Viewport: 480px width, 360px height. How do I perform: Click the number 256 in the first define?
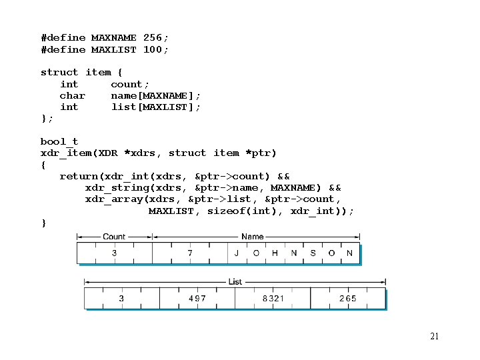click(x=153, y=38)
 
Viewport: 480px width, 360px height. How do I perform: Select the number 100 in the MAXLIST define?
click(x=153, y=50)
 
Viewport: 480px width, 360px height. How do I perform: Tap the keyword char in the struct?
click(x=73, y=96)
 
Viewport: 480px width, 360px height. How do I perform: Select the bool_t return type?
click(x=59, y=141)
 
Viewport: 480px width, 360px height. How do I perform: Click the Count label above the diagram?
click(x=114, y=237)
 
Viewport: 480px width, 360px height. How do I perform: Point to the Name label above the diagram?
click(x=252, y=237)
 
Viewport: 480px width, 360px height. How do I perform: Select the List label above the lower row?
click(x=235, y=282)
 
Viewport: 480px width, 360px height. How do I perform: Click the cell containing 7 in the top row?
click(x=190, y=253)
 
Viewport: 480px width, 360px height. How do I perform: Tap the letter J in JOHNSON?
click(x=237, y=253)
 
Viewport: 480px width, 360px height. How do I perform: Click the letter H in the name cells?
click(x=275, y=253)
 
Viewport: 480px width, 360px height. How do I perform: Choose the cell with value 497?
click(x=197, y=299)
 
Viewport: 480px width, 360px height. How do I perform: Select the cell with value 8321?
click(x=273, y=299)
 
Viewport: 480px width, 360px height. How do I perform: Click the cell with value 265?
click(x=348, y=299)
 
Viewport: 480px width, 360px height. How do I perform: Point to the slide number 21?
click(x=434, y=336)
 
